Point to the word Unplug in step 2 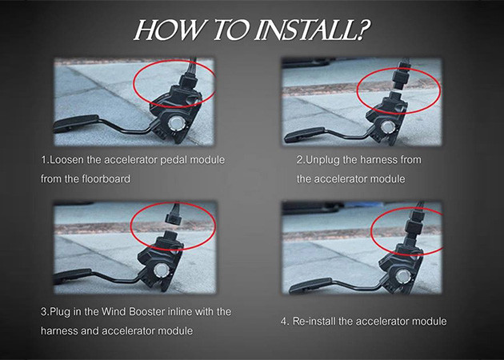tap(322, 160)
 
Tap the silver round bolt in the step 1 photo tap(176, 122)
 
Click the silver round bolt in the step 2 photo tap(386, 126)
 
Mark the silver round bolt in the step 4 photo tap(402, 276)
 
